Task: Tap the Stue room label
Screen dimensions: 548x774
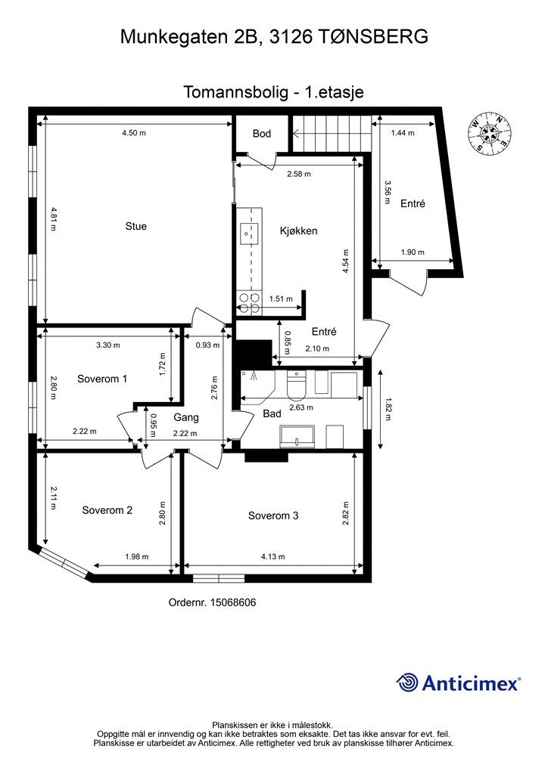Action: coord(136,226)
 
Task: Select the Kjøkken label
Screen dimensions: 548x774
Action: coord(298,231)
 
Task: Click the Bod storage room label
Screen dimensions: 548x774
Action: coord(261,133)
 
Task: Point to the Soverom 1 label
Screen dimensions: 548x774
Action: coord(102,379)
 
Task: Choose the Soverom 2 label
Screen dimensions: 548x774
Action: coord(107,510)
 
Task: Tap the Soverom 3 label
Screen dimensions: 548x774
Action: coord(273,515)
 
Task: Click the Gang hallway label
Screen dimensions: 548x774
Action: coord(185,417)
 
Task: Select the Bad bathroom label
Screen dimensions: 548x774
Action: coord(272,413)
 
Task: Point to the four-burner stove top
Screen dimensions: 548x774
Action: coord(248,303)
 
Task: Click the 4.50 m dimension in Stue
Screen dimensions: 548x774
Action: coord(134,133)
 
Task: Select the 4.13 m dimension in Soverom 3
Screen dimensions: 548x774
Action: coord(272,557)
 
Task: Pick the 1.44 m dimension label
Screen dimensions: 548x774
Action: coord(403,133)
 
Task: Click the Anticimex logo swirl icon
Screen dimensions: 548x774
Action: coord(407,683)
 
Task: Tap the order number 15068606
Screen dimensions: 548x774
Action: coord(233,602)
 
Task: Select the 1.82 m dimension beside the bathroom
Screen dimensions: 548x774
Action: coord(388,409)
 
